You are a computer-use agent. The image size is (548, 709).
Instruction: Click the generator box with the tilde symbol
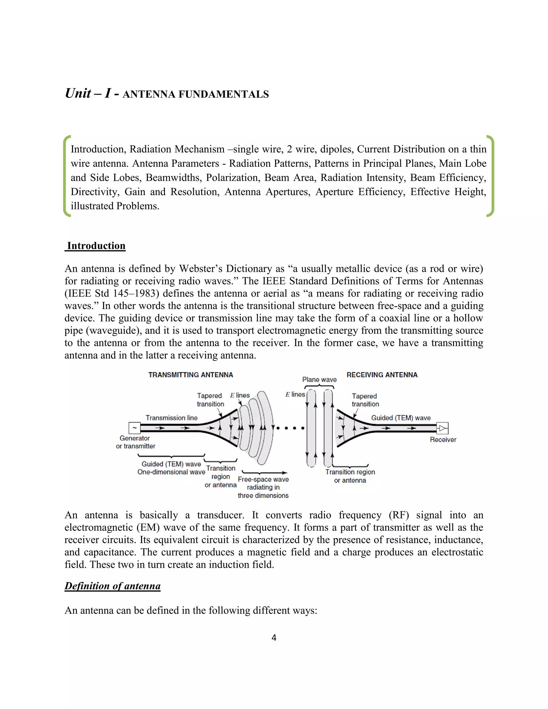[x=134, y=428]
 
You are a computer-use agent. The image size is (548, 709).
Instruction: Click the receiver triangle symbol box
[x=442, y=428]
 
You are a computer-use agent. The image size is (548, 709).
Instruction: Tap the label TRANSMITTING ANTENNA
[x=191, y=375]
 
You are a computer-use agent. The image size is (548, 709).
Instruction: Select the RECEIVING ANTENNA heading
[x=382, y=375]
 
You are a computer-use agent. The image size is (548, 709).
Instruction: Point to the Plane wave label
[x=319, y=379]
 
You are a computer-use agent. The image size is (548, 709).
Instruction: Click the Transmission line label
[x=172, y=418]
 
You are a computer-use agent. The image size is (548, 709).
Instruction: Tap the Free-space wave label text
[x=263, y=479]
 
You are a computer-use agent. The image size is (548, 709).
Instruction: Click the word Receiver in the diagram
[x=443, y=440]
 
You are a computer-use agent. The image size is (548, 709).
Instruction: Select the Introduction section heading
[x=96, y=246]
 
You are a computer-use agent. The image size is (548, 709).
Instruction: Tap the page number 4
[x=274, y=638]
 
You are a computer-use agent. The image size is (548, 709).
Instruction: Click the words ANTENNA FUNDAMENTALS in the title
[x=196, y=94]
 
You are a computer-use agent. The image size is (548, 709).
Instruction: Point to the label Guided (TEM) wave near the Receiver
[x=401, y=418]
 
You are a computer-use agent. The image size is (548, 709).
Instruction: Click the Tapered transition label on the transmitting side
[x=210, y=400]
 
